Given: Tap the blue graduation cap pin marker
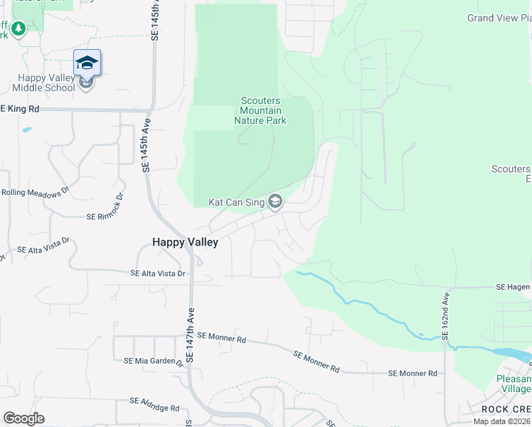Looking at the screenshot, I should (x=87, y=63).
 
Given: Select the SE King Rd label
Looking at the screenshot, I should (x=19, y=109).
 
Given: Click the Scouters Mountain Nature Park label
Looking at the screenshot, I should (x=260, y=111).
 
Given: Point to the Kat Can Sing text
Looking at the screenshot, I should (x=236, y=203).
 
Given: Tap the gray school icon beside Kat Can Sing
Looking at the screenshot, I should (x=275, y=203).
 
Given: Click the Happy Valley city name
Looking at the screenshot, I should (x=185, y=242).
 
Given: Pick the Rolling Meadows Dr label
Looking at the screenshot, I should (x=34, y=192).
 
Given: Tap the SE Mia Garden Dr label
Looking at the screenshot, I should (x=154, y=361).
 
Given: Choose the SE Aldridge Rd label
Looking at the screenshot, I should (x=151, y=408).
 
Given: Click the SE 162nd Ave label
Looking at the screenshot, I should (x=447, y=315).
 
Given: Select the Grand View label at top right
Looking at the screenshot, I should (x=499, y=18).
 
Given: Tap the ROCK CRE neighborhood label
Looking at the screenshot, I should (x=506, y=409).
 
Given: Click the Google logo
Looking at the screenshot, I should (x=23, y=418).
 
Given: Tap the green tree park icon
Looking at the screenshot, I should (x=18, y=29).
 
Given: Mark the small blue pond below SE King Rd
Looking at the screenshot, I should (x=27, y=130).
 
